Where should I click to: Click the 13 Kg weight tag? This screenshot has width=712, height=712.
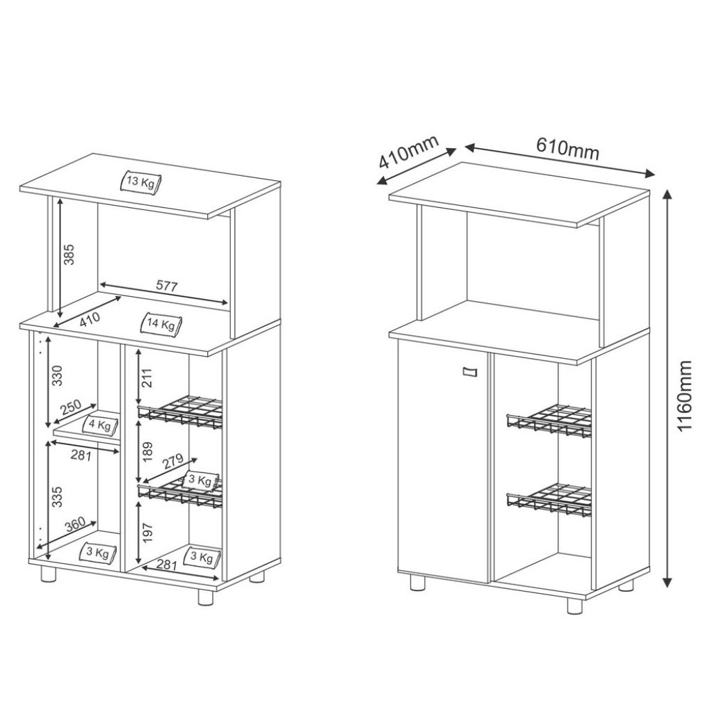140,183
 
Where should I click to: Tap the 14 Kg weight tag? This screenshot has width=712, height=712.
162,324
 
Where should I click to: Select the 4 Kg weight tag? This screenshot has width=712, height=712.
101,426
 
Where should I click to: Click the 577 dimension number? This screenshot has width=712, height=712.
167,286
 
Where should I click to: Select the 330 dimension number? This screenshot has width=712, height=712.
57,375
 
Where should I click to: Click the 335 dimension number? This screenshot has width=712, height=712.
57,496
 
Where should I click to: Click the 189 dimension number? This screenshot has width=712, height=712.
147,452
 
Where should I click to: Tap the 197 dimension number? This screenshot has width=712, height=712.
147,533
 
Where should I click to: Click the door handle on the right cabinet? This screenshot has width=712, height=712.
470,372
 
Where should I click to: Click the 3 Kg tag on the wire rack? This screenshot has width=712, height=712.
201,480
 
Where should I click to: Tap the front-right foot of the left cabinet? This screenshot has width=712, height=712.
206,597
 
